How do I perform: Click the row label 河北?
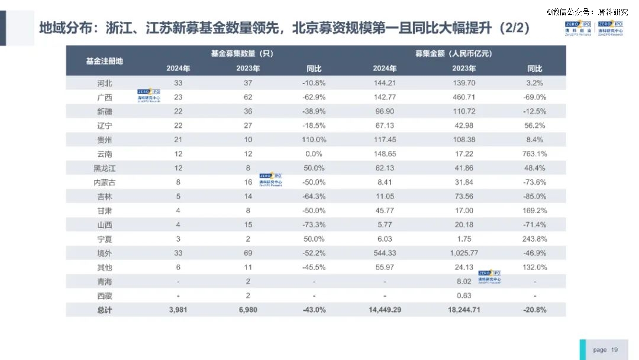[105, 83]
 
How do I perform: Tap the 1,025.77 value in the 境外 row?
[464, 253]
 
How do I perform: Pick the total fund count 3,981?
[178, 310]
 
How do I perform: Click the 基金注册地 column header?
[105, 61]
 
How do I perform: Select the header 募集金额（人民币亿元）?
[453, 53]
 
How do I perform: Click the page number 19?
[614, 350]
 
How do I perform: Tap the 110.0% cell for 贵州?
[314, 140]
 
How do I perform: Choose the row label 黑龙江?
[105, 168]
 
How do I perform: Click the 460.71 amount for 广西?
[464, 97]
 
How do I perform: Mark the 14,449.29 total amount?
[385, 310]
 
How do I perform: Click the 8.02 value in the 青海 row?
[464, 282]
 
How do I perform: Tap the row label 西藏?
[105, 295]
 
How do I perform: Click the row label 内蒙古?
[105, 182]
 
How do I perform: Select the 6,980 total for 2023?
[248, 310]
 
